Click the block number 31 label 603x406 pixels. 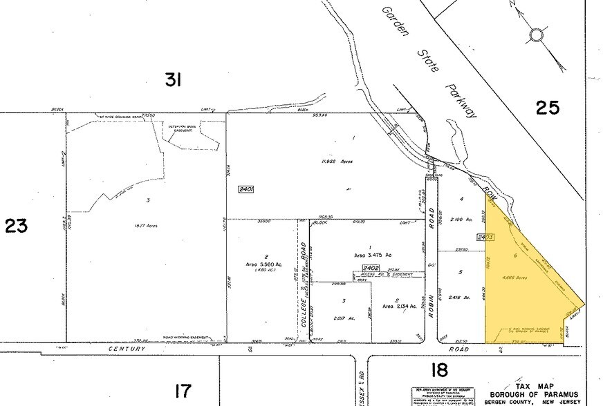coord(173,81)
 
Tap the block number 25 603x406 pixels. coord(546,107)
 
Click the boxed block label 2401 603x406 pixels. coord(246,188)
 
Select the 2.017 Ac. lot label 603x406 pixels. coord(343,318)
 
